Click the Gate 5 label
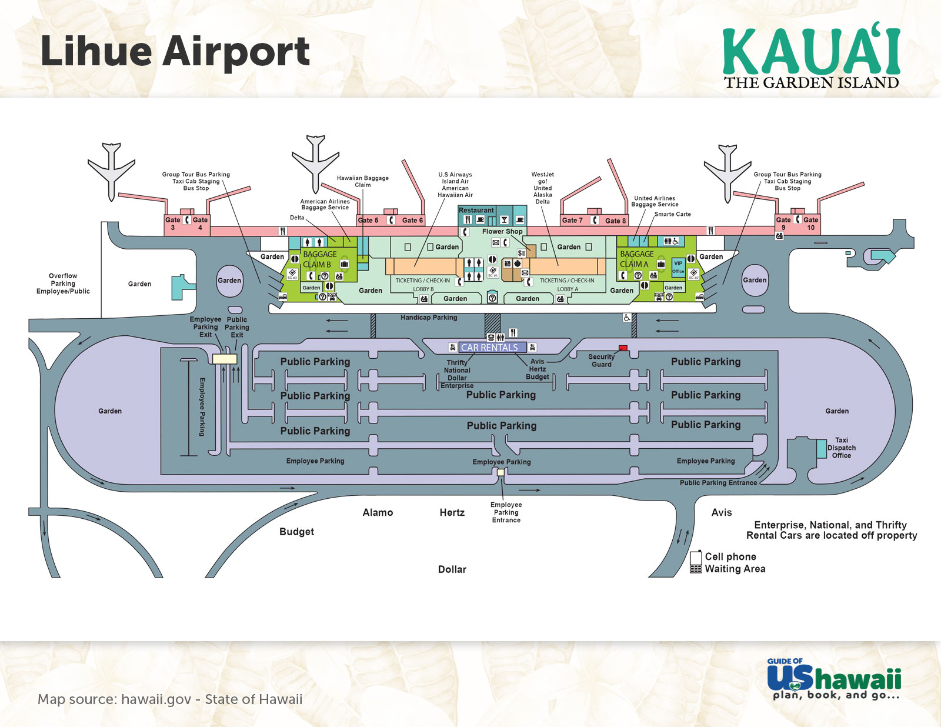368,221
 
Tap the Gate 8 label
616,221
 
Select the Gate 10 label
810,224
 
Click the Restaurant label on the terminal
476,211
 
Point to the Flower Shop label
502,231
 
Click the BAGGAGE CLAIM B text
319,259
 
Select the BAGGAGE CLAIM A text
636,259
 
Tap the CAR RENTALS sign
489,348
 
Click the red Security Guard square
623,348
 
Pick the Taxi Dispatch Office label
841,448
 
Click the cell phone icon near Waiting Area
696,562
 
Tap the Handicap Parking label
429,318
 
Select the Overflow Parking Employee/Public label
63,284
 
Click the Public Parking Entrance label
718,483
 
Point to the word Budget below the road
296,532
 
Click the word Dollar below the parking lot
452,569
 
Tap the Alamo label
378,513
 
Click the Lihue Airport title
175,52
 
